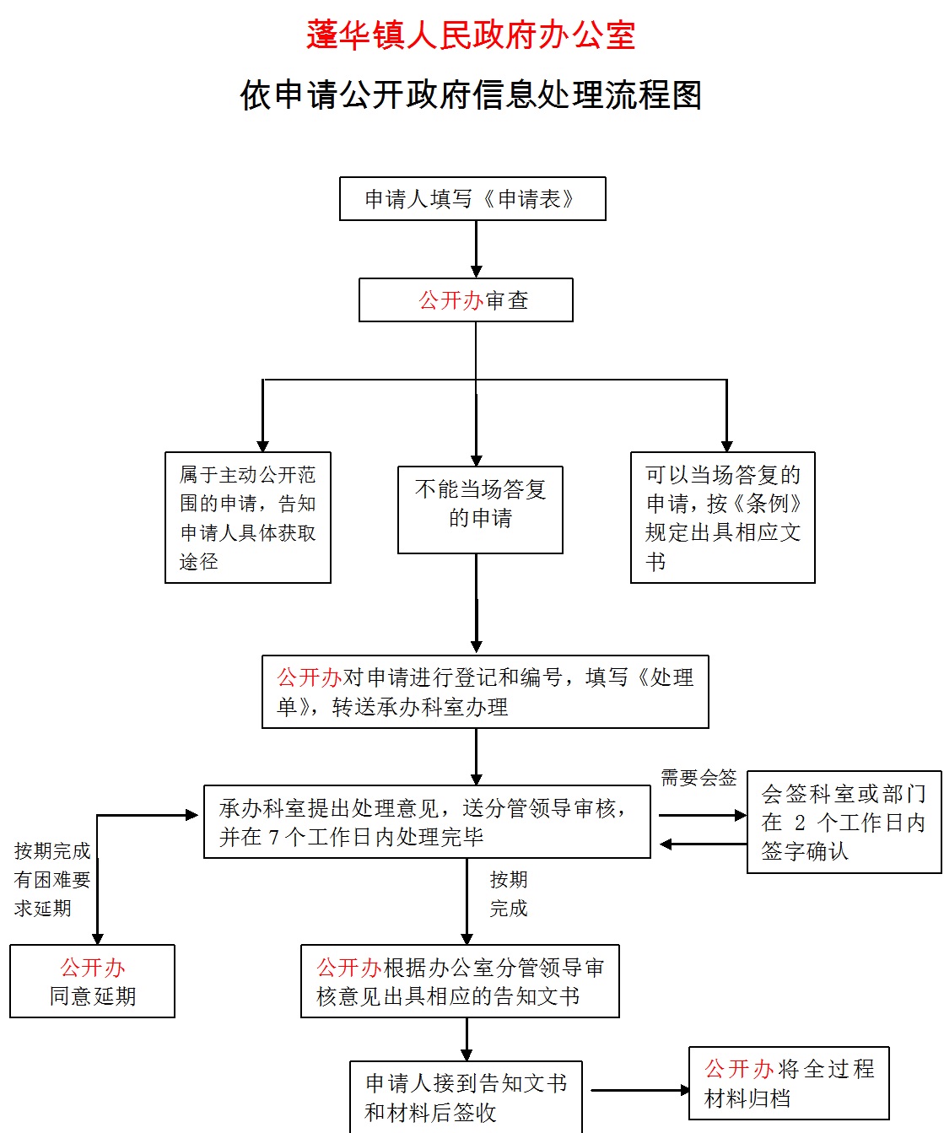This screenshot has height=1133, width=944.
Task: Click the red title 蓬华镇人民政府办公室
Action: pyautogui.click(x=471, y=35)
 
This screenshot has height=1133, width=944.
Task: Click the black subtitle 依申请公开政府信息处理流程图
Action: pyautogui.click(x=471, y=94)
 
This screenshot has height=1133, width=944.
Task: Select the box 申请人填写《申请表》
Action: pyautogui.click(x=472, y=199)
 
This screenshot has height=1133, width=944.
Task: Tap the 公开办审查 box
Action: pyautogui.click(x=466, y=300)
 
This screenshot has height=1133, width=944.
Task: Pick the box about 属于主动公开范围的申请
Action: pyautogui.click(x=248, y=517)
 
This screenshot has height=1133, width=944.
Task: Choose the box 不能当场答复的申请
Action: pyautogui.click(x=480, y=510)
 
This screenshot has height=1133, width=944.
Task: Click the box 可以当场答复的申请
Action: pyautogui.click(x=723, y=517)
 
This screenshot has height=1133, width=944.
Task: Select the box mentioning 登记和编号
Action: pyautogui.click(x=485, y=692)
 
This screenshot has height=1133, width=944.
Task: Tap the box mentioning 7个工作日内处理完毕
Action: pyautogui.click(x=427, y=822)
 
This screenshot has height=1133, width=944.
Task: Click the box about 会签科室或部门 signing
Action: pyautogui.click(x=844, y=822)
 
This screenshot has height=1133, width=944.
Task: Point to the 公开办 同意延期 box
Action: pyautogui.click(x=92, y=981)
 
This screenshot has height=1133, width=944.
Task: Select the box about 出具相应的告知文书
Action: pyautogui.click(x=460, y=981)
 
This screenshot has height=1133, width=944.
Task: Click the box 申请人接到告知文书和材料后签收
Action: pyautogui.click(x=466, y=1097)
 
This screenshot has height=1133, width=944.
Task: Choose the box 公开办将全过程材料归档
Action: pyautogui.click(x=789, y=1083)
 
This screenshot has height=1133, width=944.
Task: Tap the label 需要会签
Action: pyautogui.click(x=698, y=778)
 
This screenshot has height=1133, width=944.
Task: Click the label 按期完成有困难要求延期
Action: pyautogui.click(x=52, y=879)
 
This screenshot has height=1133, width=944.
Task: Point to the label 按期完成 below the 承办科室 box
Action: pyautogui.click(x=509, y=893)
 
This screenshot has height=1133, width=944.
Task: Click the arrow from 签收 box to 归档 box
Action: pyautogui.click(x=639, y=1090)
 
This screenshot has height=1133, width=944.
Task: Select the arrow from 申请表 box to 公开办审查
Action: pyautogui.click(x=477, y=249)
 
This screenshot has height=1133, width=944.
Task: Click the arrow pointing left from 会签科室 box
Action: pyautogui.click(x=702, y=844)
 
